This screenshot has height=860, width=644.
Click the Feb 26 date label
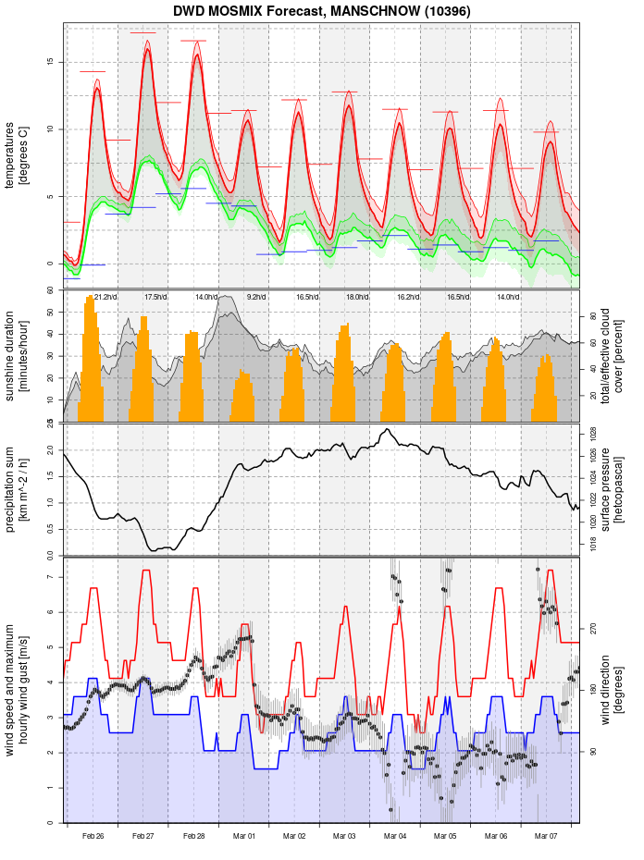[x=93, y=836]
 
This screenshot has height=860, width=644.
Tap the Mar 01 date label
[x=244, y=836]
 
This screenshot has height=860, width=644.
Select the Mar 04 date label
[x=395, y=836]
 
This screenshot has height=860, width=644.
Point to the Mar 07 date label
[x=547, y=836]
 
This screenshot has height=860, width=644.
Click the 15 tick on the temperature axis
[x=51, y=62]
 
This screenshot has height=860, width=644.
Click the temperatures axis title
[x=17, y=157]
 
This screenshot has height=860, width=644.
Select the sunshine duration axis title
[x=17, y=356]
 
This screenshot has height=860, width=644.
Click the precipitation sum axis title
[x=17, y=488]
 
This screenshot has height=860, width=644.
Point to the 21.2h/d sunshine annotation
[x=106, y=297]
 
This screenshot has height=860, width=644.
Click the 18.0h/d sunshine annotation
[x=357, y=297]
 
